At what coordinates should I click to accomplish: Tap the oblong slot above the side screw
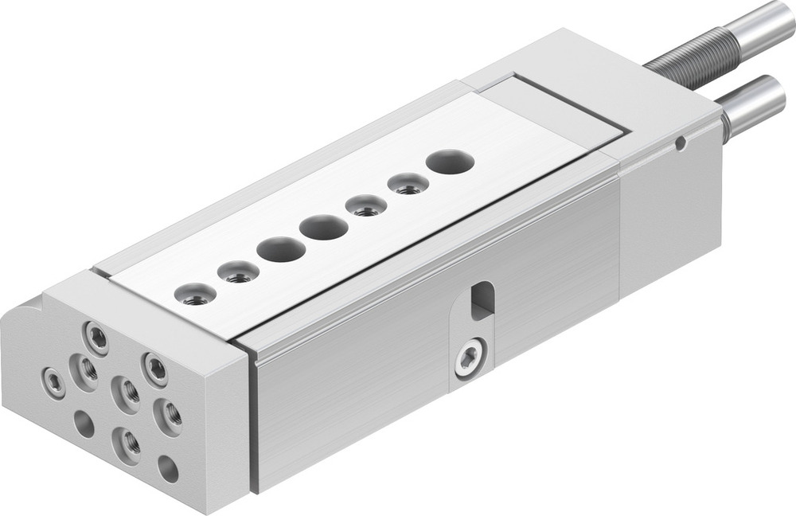(480, 300)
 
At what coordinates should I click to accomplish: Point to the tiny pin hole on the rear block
(679, 143)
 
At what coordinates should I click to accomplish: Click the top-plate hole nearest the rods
(450, 162)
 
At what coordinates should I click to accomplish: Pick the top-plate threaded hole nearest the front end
(194, 295)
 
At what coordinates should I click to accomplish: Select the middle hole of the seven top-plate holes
(323, 229)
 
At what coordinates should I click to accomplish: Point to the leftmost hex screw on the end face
(54, 382)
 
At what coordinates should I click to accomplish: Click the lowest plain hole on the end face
(168, 468)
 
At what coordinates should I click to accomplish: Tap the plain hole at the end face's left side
(84, 424)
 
